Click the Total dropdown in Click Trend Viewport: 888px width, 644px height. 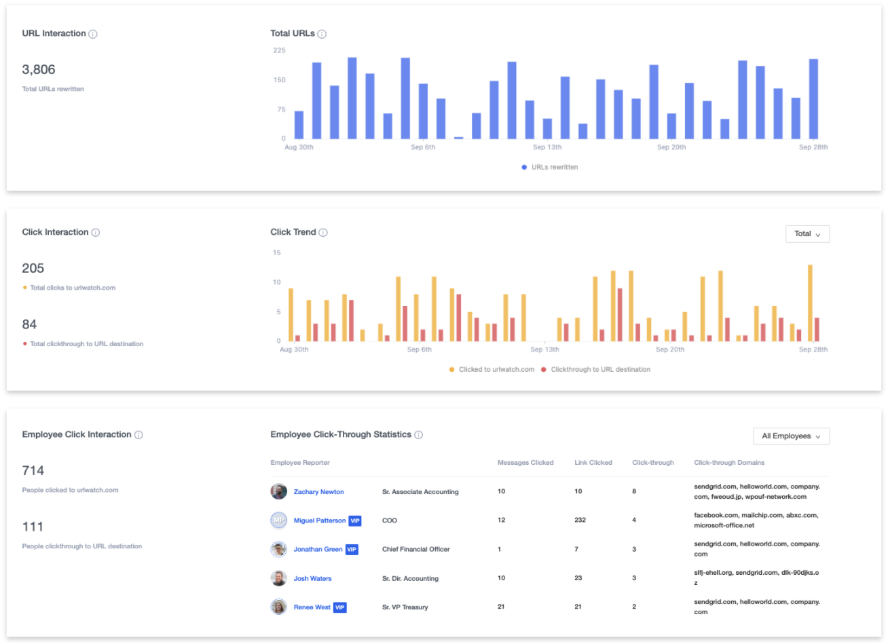[x=807, y=234]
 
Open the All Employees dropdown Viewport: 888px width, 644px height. [x=791, y=436]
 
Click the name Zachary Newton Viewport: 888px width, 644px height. [x=318, y=491]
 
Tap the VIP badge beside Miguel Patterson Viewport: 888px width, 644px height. [x=355, y=520]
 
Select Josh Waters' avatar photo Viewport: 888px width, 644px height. [x=279, y=578]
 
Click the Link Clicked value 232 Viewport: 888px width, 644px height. [x=580, y=520]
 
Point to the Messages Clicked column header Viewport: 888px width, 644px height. [x=525, y=463]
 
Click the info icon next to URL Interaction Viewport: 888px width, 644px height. [x=93, y=34]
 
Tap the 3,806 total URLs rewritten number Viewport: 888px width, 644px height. [x=39, y=70]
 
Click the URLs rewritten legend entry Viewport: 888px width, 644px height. [x=550, y=167]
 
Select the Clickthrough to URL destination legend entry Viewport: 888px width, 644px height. [x=595, y=369]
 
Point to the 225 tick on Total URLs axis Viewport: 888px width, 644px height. [x=279, y=50]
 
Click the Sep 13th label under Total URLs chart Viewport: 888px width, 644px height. [x=547, y=147]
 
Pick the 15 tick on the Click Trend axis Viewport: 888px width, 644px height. [x=277, y=252]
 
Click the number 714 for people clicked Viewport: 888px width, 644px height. [x=33, y=470]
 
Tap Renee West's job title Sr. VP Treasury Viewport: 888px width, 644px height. [x=405, y=607]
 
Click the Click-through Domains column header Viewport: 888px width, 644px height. [x=729, y=463]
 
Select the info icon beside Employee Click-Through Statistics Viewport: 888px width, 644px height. [x=419, y=435]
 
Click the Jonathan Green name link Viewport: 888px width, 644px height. [x=318, y=549]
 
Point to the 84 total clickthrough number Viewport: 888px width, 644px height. [x=29, y=324]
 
